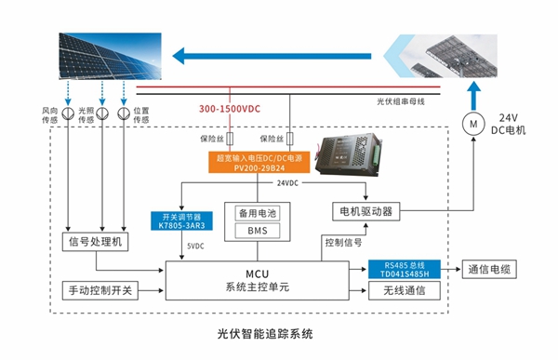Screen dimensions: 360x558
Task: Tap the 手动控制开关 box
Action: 99,290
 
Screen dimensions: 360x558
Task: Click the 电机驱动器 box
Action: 362,211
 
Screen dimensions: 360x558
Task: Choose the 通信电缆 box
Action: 486,269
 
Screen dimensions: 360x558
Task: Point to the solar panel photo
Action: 94,56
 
